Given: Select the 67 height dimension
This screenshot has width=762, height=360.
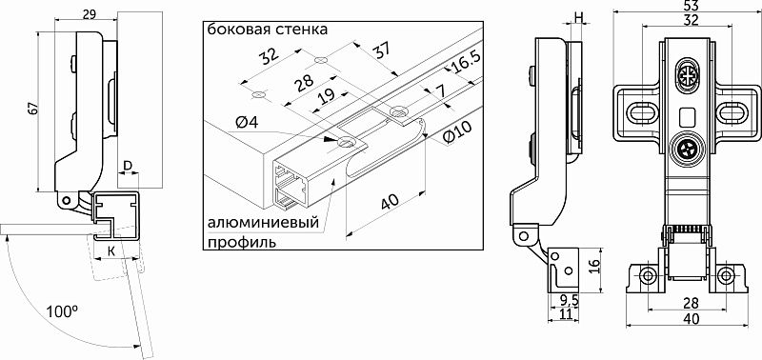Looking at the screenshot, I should pyautogui.click(x=30, y=110).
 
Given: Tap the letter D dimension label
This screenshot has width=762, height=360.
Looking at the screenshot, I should pyautogui.click(x=127, y=167).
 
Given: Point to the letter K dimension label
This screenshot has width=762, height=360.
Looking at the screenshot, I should pyautogui.click(x=112, y=250).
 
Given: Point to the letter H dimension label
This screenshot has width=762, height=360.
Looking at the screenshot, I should pyautogui.click(x=579, y=16).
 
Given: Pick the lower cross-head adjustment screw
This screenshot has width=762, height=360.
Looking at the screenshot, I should pyautogui.click(x=686, y=149).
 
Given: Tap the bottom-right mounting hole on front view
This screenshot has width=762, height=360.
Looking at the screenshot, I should pyautogui.click(x=726, y=276).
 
